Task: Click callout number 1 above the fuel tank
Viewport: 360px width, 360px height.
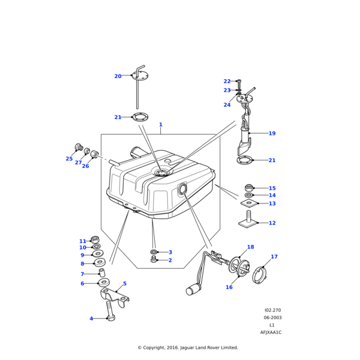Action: pyautogui.click(x=160, y=124)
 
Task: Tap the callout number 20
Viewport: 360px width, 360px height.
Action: pyautogui.click(x=118, y=76)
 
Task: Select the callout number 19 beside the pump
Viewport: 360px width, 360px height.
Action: pyautogui.click(x=272, y=133)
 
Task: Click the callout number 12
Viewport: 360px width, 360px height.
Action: pyautogui.click(x=272, y=223)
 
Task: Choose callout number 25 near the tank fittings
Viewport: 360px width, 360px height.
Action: pyautogui.click(x=69, y=159)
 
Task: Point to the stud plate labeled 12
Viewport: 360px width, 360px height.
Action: pyautogui.click(x=248, y=223)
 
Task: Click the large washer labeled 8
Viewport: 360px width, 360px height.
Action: pyautogui.click(x=100, y=262)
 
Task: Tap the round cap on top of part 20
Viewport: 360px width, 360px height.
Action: pyautogui.click(x=139, y=75)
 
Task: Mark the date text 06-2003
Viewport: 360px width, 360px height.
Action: pyautogui.click(x=272, y=317)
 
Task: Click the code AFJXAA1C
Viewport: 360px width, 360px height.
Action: pyautogui.click(x=271, y=332)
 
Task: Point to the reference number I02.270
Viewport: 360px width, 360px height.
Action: pyautogui.click(x=272, y=310)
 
